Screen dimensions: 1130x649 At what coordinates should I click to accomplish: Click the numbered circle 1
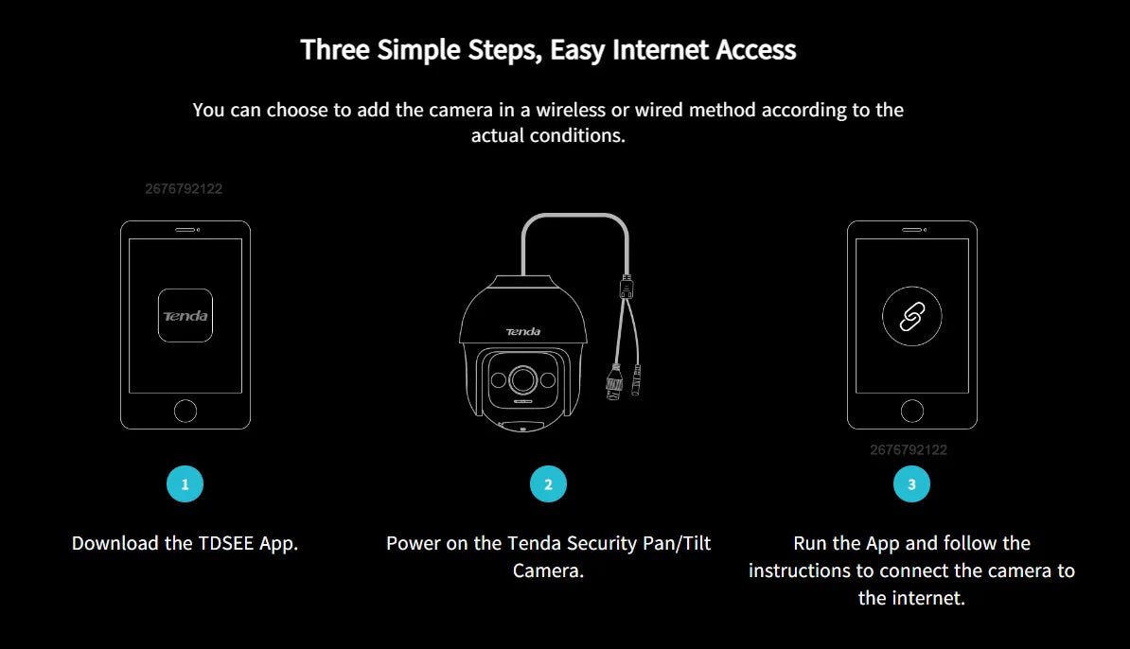(185, 484)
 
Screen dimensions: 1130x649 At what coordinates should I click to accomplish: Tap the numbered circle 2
(548, 484)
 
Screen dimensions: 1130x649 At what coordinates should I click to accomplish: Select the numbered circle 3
(911, 484)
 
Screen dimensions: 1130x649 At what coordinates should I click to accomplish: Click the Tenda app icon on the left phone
(185, 315)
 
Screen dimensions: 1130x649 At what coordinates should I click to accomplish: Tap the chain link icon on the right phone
(911, 316)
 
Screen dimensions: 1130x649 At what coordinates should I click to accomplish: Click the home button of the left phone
(185, 411)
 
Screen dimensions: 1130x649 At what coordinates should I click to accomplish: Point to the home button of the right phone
(912, 411)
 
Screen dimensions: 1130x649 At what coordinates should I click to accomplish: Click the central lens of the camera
(523, 379)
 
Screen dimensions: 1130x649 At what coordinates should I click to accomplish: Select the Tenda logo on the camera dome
(523, 331)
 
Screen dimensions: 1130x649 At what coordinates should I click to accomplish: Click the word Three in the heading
(335, 50)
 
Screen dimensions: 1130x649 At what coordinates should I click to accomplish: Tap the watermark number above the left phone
(184, 188)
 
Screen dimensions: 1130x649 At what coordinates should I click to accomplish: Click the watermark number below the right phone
(909, 450)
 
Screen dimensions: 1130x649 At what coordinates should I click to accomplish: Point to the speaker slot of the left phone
(185, 230)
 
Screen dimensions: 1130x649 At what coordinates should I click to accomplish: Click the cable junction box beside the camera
(627, 287)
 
